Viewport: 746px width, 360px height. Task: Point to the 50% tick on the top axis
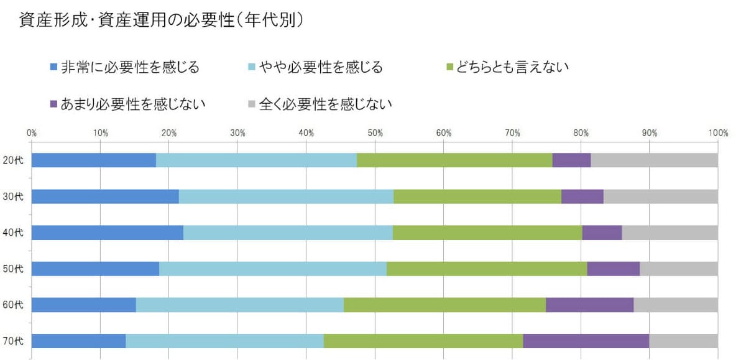375,132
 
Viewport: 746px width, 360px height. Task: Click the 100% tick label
717,132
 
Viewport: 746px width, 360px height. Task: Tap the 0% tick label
32,132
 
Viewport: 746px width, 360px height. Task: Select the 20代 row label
12,160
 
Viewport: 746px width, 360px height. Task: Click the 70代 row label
12,341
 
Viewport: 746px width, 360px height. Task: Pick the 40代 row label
12,233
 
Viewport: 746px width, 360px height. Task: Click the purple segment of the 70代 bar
586,341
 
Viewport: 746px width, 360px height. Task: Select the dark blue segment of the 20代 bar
93,160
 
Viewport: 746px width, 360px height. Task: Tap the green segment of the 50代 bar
487,269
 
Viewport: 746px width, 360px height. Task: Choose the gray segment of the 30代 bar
660,196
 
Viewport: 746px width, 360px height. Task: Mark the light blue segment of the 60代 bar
239,305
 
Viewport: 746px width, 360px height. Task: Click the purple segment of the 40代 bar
602,233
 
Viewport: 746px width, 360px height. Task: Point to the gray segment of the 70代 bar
683,341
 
